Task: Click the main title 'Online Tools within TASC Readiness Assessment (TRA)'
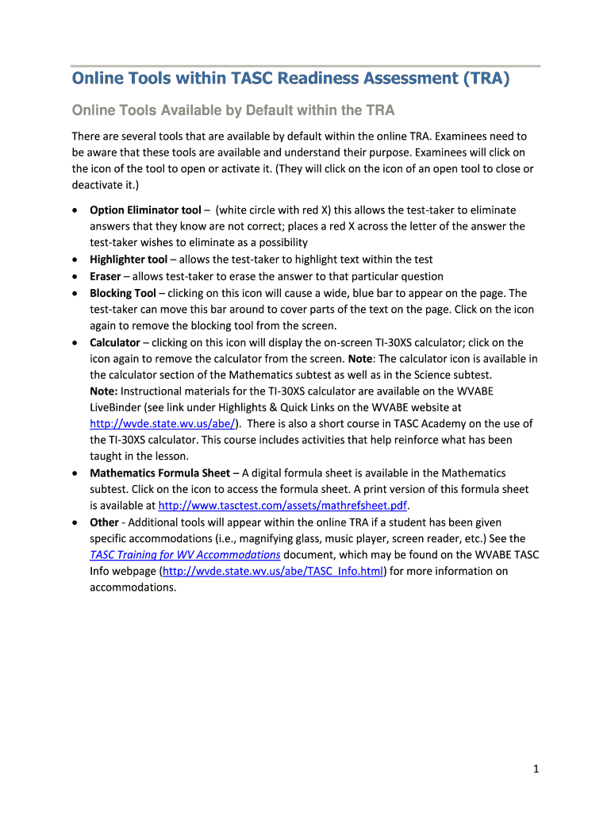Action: tap(291, 79)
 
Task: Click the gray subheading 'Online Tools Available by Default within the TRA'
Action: tap(233, 110)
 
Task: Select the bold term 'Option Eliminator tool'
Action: tap(145, 210)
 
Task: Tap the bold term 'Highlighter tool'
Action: tap(129, 260)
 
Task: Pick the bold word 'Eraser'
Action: tap(106, 276)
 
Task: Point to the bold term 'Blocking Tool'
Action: tap(123, 293)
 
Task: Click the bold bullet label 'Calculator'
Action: tap(114, 342)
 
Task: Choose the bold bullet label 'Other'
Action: tap(104, 522)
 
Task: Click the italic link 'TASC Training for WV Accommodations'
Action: tap(185, 554)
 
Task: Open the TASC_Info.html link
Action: tap(273, 571)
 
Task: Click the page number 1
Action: tap(536, 769)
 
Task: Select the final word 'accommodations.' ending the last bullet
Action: tap(133, 587)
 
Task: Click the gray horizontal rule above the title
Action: tap(305, 66)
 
